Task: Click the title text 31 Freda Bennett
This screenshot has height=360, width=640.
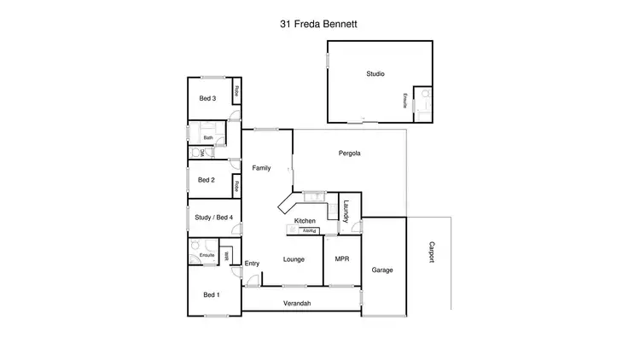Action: (319, 25)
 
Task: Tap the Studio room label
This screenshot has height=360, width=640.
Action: (375, 74)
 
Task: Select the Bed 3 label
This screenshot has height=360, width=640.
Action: (207, 99)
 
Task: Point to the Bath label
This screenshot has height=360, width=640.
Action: (207, 137)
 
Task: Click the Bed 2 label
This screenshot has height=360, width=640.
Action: (206, 180)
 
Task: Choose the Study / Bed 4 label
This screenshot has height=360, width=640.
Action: (214, 217)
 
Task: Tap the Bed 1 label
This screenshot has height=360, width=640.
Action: (211, 294)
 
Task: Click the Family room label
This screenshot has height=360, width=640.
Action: (261, 168)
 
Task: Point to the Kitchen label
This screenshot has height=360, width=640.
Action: (305, 221)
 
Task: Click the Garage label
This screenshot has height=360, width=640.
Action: (382, 270)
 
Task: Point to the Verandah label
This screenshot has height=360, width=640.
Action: (297, 304)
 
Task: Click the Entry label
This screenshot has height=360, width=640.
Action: (252, 263)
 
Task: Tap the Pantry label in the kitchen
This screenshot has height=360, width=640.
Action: (309, 230)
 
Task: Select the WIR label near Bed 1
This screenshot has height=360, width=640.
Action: (226, 255)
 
